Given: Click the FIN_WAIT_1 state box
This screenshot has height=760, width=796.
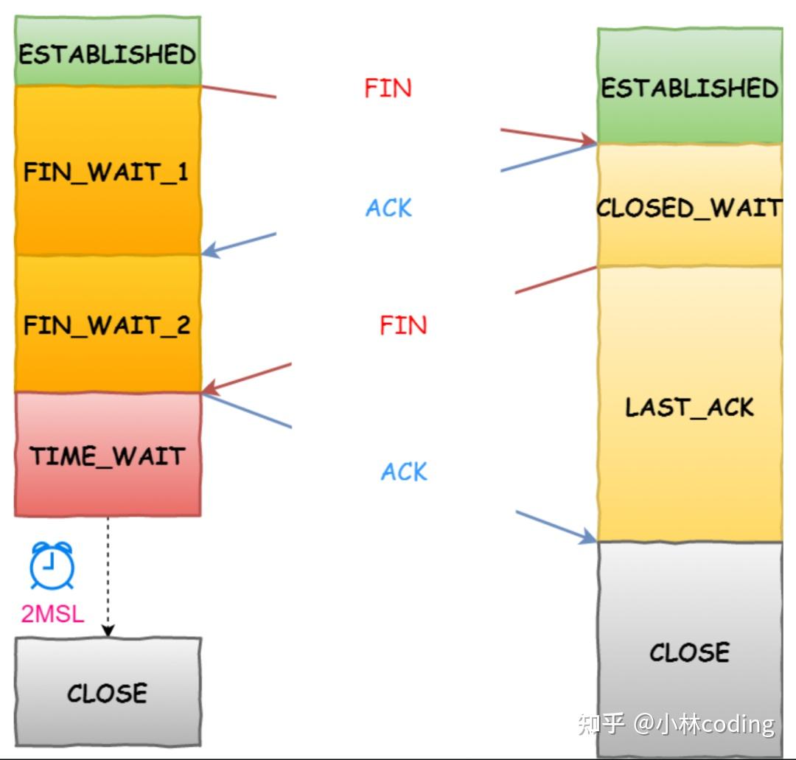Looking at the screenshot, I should click(x=108, y=171).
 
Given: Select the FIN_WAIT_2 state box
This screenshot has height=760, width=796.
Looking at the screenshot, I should click(x=108, y=324).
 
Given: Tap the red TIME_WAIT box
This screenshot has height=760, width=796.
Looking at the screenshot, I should click(x=108, y=455).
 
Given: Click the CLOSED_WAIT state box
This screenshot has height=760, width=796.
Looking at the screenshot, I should click(x=690, y=207).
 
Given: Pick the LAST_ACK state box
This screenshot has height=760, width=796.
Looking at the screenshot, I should click(x=690, y=406).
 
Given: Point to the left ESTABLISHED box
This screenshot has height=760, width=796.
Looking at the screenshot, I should click(x=108, y=53).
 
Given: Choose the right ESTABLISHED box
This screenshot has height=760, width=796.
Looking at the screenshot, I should click(x=690, y=88).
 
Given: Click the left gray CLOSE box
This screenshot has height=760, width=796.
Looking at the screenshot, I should click(x=108, y=691).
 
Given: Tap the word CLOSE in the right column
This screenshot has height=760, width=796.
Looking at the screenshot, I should click(x=690, y=652).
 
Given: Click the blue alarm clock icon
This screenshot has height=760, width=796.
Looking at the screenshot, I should click(x=52, y=566).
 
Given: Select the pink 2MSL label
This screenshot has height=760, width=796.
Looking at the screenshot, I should click(x=52, y=613).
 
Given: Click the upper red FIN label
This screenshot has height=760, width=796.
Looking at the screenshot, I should click(x=388, y=88).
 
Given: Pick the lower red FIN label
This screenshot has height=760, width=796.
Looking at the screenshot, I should click(x=403, y=325).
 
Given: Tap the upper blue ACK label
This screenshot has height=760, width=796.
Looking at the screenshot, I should click(x=388, y=208).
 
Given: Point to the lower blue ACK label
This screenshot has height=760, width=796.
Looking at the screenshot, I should click(x=404, y=472).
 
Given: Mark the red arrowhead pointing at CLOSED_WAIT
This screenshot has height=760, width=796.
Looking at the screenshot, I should click(x=589, y=140).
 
